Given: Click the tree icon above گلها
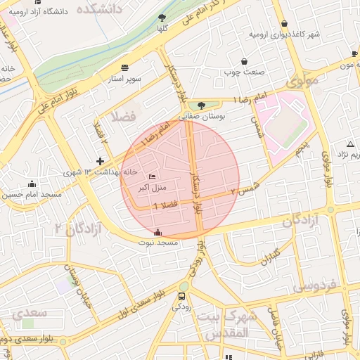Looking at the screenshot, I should (x=162, y=18).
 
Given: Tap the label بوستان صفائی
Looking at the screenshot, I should (x=203, y=117).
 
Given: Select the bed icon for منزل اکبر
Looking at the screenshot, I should (x=153, y=176).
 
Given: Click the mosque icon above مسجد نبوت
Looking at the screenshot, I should (x=157, y=233).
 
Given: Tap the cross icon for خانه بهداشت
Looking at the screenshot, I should (x=101, y=161).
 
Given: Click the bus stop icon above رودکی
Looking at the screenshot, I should (x=184, y=296).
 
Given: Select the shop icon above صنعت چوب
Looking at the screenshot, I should (x=244, y=62).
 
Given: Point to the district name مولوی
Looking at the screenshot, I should (x=302, y=82).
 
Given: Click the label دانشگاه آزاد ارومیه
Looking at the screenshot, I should (x=35, y=12).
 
